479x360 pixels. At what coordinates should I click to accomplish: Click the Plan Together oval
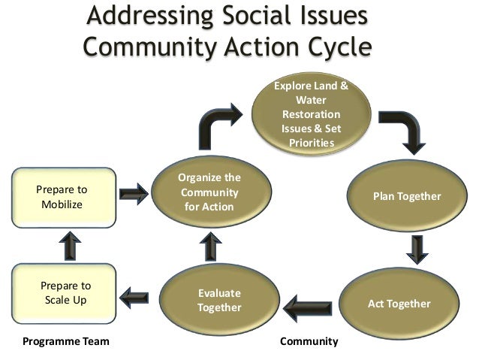point(407,196)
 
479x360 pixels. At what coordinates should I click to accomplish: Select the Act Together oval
point(399,304)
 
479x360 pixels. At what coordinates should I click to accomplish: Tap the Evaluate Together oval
point(219,301)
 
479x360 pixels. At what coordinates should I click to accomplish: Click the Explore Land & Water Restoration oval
point(311,115)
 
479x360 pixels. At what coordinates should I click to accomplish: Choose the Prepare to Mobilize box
point(65,198)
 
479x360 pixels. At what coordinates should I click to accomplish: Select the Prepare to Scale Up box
point(65,293)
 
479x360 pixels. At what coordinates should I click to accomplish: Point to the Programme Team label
point(66,342)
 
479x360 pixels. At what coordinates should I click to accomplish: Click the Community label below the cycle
point(309,342)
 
